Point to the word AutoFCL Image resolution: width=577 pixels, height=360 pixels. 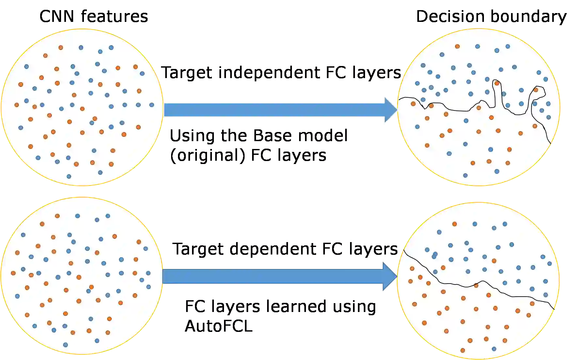[218, 325]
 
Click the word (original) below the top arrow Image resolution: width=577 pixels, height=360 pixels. [207, 156]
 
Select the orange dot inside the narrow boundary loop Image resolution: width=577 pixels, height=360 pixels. [497, 83]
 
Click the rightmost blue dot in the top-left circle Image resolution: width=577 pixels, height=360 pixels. [152, 105]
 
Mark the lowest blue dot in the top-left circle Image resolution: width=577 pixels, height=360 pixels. [69, 176]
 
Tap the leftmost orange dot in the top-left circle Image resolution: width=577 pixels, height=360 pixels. [17, 105]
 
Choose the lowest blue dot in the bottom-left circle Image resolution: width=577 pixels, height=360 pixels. [65, 345]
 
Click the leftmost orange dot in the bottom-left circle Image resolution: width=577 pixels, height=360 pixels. [13, 273]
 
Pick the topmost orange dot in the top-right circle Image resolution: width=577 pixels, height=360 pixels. [457, 46]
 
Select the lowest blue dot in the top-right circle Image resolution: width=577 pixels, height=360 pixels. [465, 175]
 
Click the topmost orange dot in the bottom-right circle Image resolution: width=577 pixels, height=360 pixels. [454, 224]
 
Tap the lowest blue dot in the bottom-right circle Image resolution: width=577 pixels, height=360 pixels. [494, 349]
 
